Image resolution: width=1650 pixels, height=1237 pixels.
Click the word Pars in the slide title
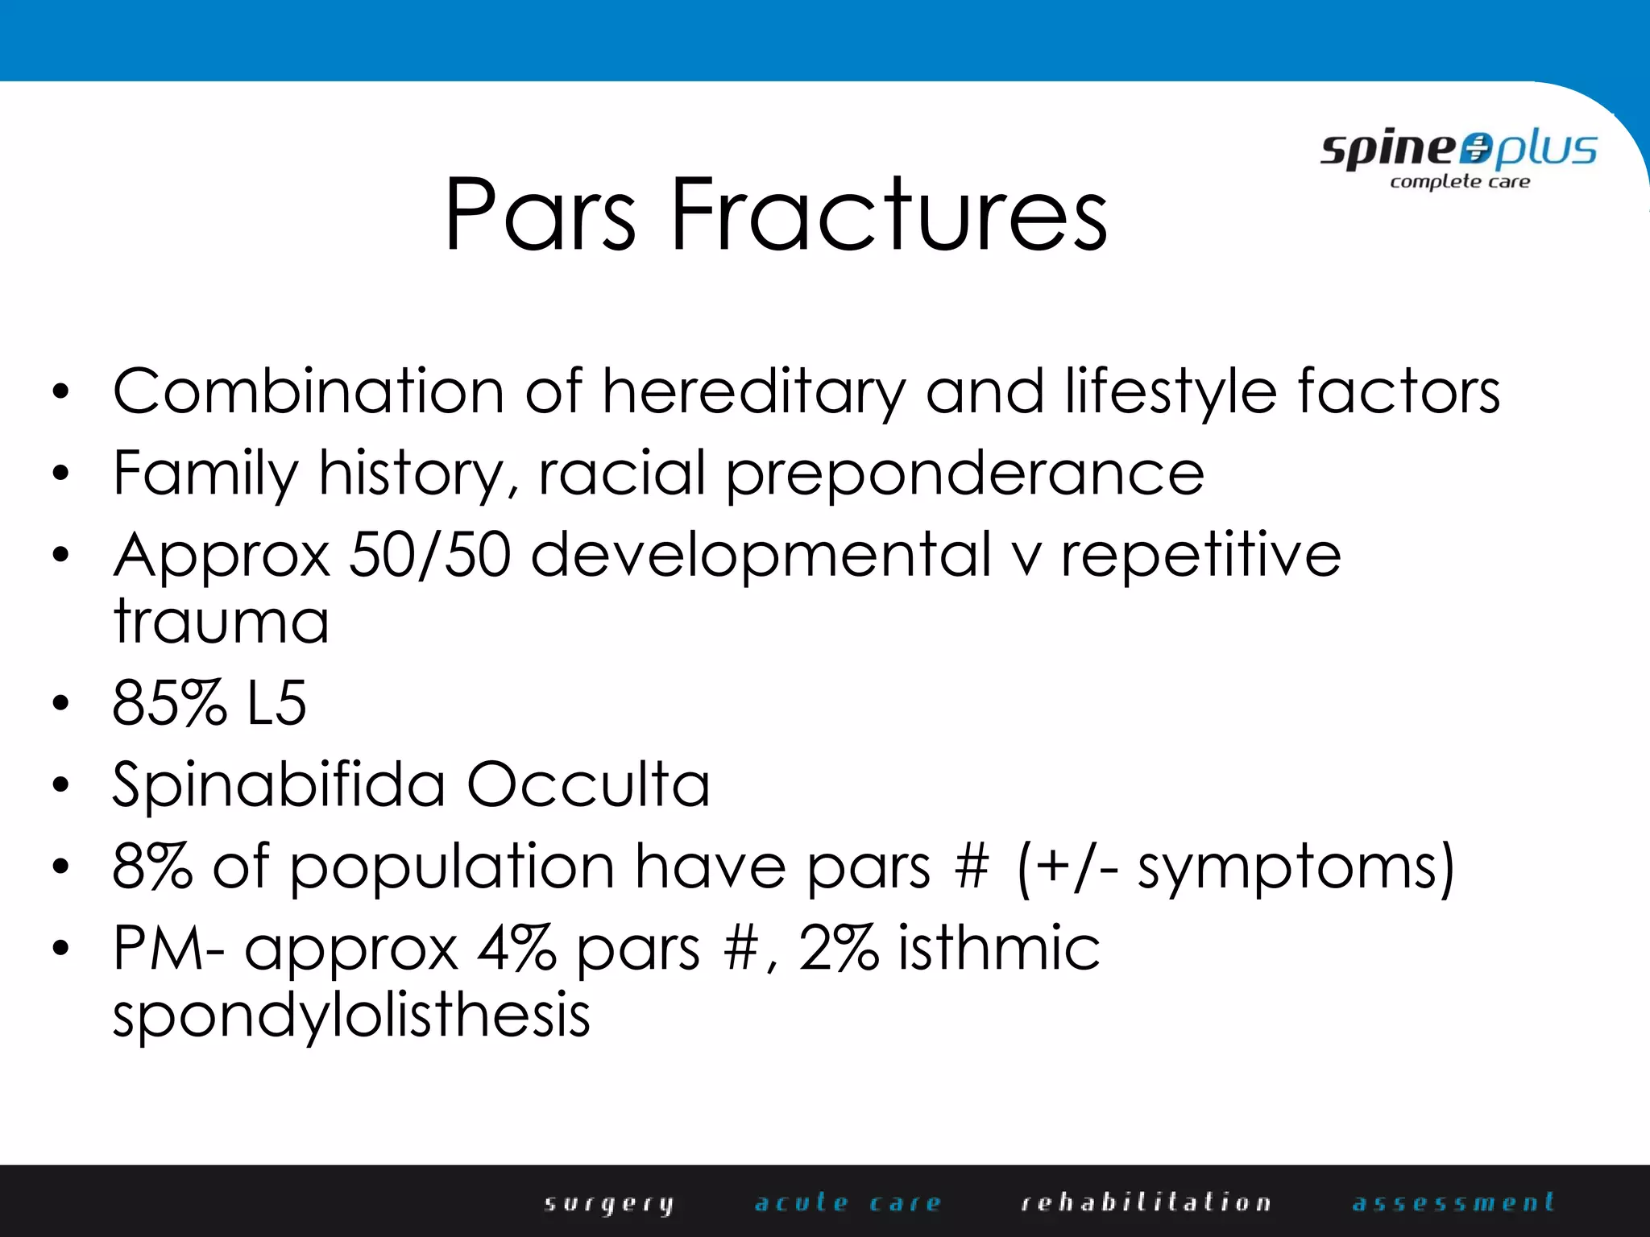click(540, 214)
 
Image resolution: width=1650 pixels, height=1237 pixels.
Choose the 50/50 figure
click(430, 555)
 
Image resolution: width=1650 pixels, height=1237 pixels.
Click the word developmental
click(761, 556)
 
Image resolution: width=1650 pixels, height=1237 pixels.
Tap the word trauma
click(222, 622)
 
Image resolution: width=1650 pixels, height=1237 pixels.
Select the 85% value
click(169, 703)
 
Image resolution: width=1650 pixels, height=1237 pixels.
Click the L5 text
click(276, 703)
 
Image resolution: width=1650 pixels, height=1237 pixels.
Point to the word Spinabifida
click(279, 785)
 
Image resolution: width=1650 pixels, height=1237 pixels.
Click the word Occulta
click(588, 785)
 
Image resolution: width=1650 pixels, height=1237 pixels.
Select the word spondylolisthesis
click(351, 1016)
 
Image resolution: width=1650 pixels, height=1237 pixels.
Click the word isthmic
click(998, 948)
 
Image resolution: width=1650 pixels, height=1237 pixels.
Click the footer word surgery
click(609, 1203)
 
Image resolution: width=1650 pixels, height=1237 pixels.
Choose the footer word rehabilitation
click(1146, 1202)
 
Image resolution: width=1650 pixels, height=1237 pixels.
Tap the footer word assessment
click(1453, 1202)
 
